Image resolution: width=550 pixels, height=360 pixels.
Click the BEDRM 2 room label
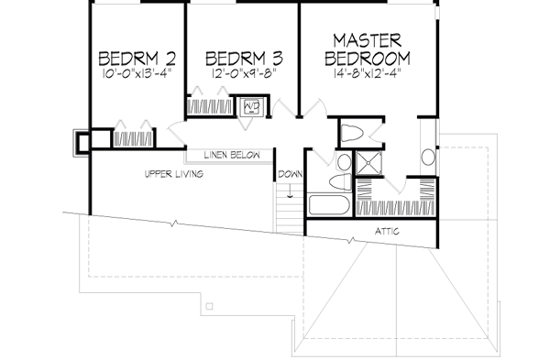(x=137, y=59)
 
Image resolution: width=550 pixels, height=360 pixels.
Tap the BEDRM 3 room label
(x=244, y=59)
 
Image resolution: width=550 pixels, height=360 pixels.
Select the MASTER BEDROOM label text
(x=368, y=49)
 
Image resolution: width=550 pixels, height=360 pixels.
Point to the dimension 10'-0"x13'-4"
(x=137, y=73)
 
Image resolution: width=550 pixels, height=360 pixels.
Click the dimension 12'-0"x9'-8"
(x=244, y=73)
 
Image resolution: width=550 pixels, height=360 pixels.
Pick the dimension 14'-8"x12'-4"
(x=368, y=73)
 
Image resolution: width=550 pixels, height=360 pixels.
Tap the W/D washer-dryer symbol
(x=251, y=106)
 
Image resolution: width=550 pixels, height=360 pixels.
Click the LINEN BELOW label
(x=232, y=155)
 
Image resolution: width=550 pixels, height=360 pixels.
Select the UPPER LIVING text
(x=174, y=174)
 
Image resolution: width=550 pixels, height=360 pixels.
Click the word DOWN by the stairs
(x=290, y=174)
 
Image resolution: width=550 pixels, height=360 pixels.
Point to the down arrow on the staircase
(x=290, y=191)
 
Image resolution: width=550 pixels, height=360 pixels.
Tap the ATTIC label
(x=387, y=232)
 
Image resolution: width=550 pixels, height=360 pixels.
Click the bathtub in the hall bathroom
(x=329, y=205)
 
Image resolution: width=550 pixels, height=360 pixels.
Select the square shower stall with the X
(x=368, y=163)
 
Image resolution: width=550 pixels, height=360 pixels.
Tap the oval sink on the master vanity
(x=428, y=157)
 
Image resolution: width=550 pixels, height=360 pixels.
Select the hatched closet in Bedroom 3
(x=210, y=106)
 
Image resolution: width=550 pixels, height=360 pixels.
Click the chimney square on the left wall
(x=82, y=143)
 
